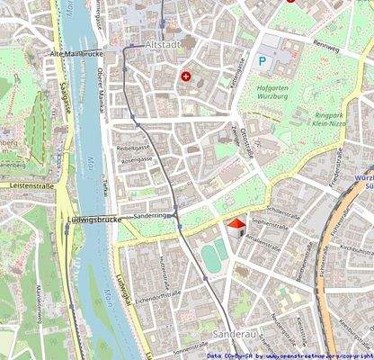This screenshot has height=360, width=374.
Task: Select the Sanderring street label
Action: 148,217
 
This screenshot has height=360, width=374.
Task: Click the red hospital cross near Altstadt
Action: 186,76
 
